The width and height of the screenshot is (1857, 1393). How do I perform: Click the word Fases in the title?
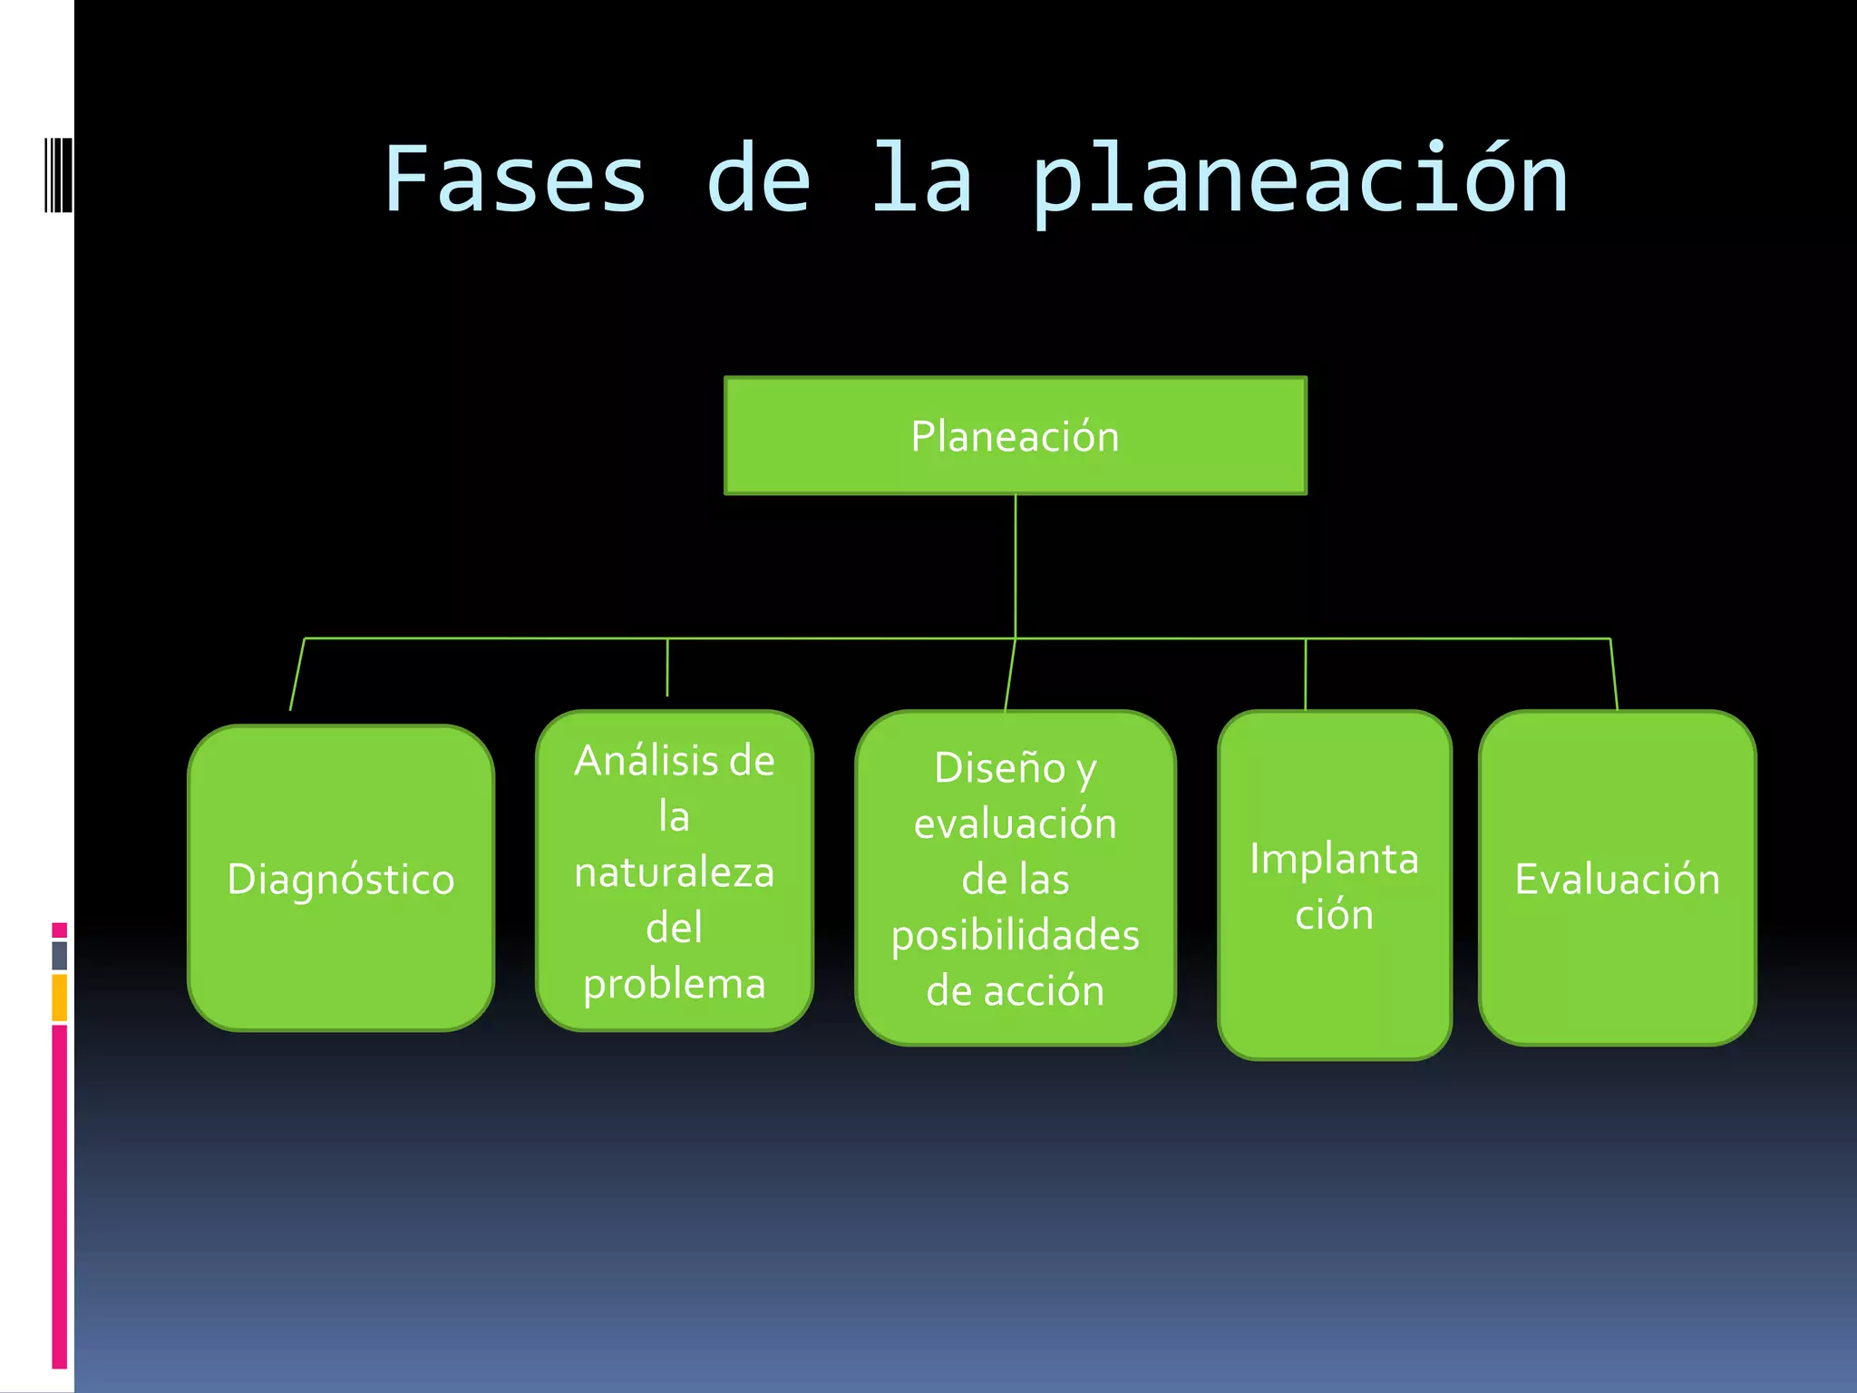(515, 180)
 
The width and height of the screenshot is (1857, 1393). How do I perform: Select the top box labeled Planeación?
(1015, 436)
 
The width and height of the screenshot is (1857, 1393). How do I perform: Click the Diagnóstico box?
(341, 879)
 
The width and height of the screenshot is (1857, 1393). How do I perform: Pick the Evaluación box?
(1617, 879)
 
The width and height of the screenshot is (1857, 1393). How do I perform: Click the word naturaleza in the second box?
(675, 872)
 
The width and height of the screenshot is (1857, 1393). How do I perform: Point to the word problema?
(675, 984)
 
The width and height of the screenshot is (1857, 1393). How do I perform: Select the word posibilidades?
(1015, 935)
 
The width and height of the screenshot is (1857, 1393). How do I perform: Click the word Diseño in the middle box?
(999, 768)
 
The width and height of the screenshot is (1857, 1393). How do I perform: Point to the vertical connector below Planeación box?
(1016, 567)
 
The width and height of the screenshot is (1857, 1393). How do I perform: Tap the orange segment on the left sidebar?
(59, 998)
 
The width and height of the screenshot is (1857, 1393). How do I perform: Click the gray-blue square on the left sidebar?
(59, 955)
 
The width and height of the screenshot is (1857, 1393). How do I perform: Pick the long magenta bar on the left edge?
(59, 1197)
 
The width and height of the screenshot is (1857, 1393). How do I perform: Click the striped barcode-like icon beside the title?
(58, 174)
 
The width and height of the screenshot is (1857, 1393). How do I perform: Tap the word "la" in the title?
(922, 180)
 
